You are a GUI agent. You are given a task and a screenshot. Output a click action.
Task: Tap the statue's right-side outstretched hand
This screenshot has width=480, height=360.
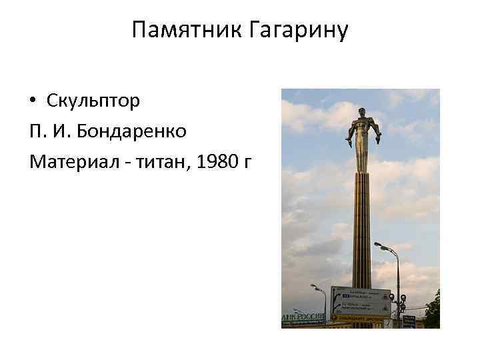point(379,139)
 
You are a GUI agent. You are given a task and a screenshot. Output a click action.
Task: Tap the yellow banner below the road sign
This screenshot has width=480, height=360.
point(360,319)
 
